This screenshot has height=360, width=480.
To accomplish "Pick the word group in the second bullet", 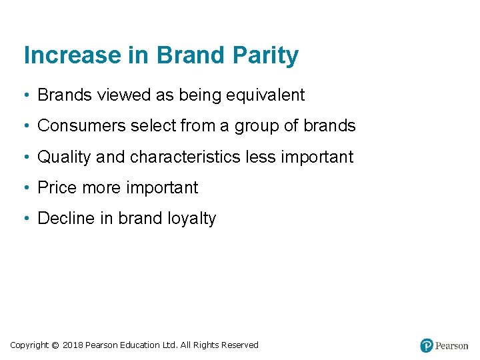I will pos(257,126).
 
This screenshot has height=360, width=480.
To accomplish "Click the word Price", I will pos(57,188).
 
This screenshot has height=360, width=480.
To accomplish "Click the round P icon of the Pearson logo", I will pos(427,345).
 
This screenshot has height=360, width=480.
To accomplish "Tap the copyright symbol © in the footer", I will pos(55,345).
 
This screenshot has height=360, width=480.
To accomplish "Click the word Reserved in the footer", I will pos(241,345).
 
